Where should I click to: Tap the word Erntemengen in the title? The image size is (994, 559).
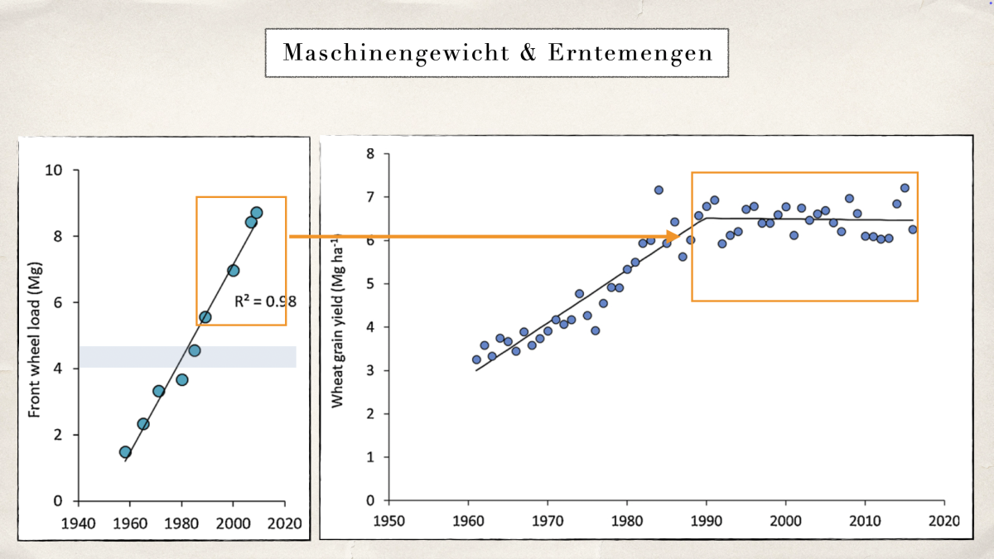(630, 53)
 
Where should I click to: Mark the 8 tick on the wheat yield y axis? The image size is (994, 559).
(370, 154)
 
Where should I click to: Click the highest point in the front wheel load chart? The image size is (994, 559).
(257, 213)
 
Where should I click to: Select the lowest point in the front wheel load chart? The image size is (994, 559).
(125, 452)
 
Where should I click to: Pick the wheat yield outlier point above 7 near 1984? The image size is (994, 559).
(659, 190)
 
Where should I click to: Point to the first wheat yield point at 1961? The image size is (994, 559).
(476, 359)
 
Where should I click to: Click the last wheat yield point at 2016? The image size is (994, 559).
(913, 229)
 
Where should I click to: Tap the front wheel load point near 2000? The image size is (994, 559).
(234, 270)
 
